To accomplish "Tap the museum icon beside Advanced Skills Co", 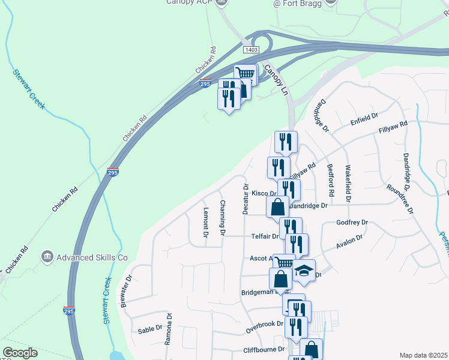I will click(x=47, y=257).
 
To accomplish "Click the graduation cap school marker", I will click(x=304, y=269).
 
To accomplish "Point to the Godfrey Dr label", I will click(x=352, y=223).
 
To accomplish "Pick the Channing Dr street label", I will click(x=222, y=217).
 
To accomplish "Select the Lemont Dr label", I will click(x=205, y=223).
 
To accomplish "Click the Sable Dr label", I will click(x=150, y=329).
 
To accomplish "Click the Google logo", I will click(x=20, y=353).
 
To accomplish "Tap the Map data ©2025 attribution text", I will click(x=423, y=355).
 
